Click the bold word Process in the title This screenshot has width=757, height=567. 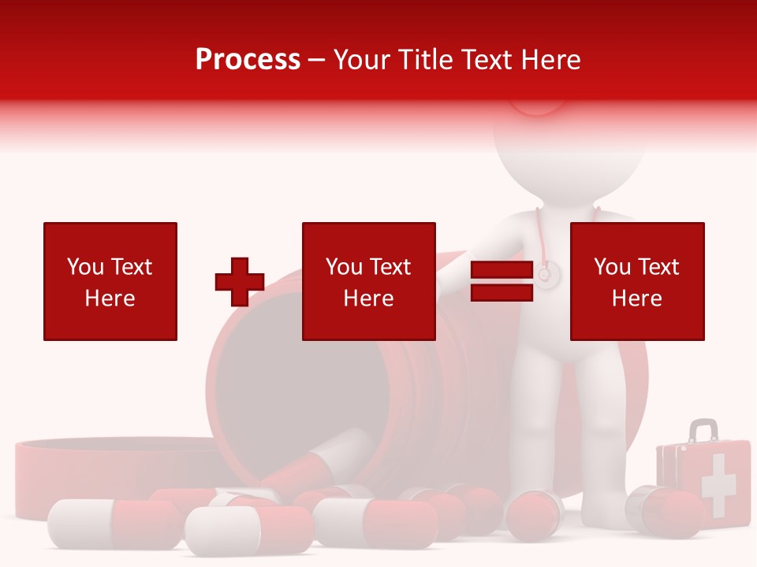pos(248,60)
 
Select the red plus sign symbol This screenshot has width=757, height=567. pos(240,281)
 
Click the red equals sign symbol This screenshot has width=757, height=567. pos(502,281)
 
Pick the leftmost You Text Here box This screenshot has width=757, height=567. pos(110,281)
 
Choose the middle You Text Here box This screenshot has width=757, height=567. pos(368,281)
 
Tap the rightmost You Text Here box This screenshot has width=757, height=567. pos(637,281)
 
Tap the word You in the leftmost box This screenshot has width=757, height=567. pos(84,267)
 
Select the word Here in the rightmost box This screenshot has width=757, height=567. pos(637,298)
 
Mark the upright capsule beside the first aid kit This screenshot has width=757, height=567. pos(661,512)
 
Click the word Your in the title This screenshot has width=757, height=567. pos(363,60)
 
